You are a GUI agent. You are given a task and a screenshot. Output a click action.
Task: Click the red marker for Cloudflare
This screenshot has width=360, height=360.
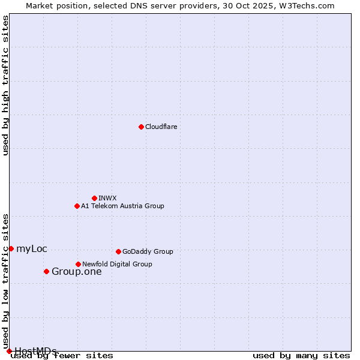(141, 127)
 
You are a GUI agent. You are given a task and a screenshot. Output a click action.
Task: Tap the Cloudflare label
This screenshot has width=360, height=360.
(161, 127)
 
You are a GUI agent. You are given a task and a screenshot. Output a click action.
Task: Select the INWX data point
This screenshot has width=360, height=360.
(94, 198)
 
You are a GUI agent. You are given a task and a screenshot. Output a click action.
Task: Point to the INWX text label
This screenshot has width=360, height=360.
(107, 198)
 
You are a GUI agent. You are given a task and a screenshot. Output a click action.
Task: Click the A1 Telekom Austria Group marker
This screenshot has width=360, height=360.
(77, 206)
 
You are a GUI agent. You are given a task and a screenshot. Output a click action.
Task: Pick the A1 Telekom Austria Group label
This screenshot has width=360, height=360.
(122, 206)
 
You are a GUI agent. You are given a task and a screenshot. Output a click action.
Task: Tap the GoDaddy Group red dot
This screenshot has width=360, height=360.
(118, 251)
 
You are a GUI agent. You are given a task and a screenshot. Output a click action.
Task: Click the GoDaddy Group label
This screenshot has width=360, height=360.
(148, 251)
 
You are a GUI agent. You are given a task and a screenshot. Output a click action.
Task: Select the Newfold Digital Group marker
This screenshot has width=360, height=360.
(78, 264)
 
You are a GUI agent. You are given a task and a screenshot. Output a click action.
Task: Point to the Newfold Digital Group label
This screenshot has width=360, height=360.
(117, 264)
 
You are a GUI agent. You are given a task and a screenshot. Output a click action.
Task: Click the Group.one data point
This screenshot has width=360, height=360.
(46, 271)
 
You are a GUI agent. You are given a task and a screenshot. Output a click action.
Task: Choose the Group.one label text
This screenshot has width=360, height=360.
(77, 272)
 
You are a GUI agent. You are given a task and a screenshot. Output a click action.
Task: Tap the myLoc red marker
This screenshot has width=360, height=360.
(11, 248)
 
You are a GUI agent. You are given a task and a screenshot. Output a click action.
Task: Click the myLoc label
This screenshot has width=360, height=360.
(32, 249)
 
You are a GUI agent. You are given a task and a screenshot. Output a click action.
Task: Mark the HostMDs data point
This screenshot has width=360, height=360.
(9, 351)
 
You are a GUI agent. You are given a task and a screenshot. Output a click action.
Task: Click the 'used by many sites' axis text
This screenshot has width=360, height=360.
(301, 356)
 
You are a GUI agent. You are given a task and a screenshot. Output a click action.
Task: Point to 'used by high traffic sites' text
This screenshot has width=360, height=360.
(6, 85)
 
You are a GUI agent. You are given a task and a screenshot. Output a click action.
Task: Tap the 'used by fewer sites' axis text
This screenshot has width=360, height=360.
(62, 356)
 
